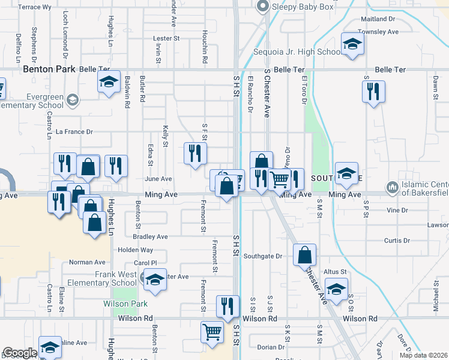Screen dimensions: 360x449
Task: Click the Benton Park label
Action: point(49,69)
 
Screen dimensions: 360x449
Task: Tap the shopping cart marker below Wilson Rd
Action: point(211,332)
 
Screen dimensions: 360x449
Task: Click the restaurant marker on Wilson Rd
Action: point(227,306)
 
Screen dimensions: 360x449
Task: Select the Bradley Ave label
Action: point(151,237)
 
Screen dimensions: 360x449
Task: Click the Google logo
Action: point(20,353)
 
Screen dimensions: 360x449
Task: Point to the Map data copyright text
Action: point(423,355)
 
